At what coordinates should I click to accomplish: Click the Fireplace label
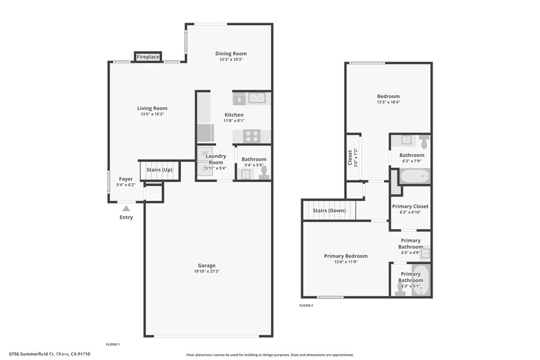click(x=148, y=56)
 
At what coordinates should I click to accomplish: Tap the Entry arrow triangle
click(x=126, y=209)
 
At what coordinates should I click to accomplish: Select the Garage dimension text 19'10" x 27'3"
click(x=207, y=271)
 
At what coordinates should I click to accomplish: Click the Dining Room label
click(x=231, y=54)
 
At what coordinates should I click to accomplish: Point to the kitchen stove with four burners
click(x=252, y=136)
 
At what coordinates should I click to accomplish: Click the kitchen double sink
click(x=257, y=98)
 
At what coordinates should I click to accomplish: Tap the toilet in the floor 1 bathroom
click(x=263, y=172)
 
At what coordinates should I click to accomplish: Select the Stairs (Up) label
click(x=159, y=170)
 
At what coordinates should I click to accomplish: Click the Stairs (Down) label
click(x=329, y=211)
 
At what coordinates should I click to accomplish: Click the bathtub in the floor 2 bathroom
click(x=414, y=176)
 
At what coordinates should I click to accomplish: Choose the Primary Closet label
click(x=410, y=207)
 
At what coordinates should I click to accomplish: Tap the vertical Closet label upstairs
click(x=350, y=158)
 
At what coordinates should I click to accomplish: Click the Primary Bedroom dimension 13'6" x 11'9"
click(x=345, y=262)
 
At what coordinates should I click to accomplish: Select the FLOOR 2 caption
click(x=306, y=305)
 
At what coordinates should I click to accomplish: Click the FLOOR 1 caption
click(x=113, y=344)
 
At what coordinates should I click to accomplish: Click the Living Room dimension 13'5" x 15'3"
click(x=152, y=114)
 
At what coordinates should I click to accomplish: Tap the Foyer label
click(x=126, y=179)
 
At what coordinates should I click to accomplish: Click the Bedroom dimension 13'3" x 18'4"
click(x=388, y=102)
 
